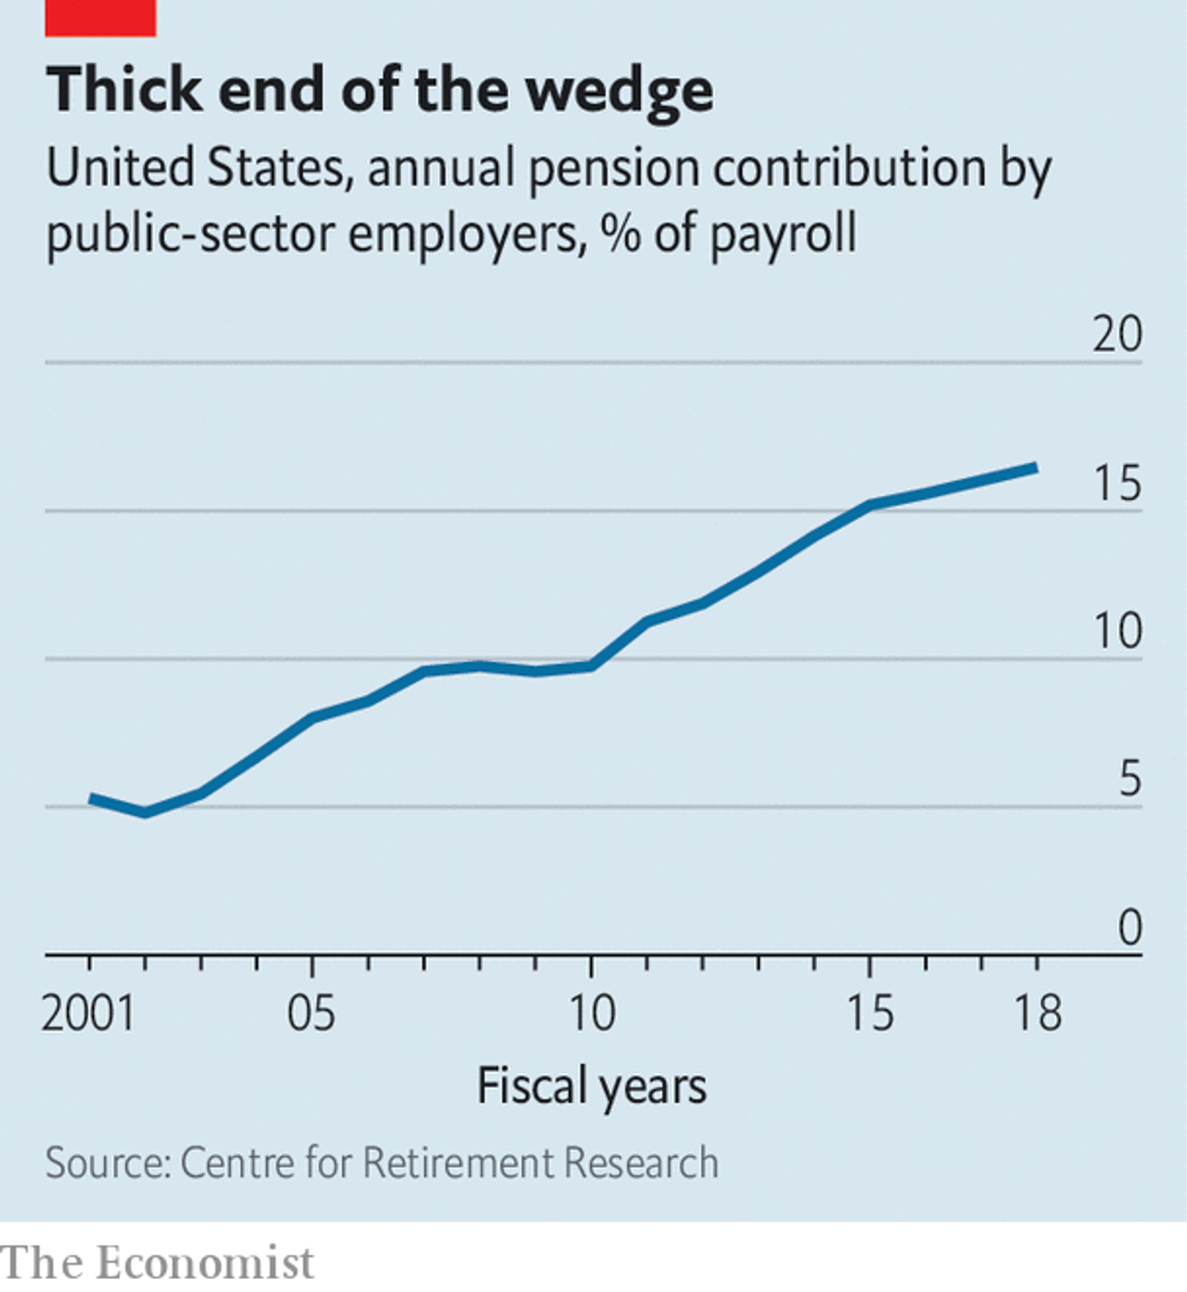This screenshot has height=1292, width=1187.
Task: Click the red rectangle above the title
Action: pyautogui.click(x=100, y=18)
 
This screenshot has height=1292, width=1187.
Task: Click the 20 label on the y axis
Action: pyautogui.click(x=1117, y=335)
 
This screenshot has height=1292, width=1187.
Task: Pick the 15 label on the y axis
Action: pyautogui.click(x=1117, y=484)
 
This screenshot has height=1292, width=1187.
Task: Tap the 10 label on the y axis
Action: pyautogui.click(x=1117, y=632)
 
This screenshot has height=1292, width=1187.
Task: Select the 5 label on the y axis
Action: pyautogui.click(x=1129, y=779)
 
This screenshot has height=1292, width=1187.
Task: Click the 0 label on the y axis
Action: pyautogui.click(x=1129, y=928)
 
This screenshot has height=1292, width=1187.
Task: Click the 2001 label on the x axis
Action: pyautogui.click(x=88, y=1013)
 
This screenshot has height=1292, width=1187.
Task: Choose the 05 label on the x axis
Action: pyautogui.click(x=311, y=1013)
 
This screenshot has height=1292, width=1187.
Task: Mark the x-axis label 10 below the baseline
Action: pyautogui.click(x=591, y=1013)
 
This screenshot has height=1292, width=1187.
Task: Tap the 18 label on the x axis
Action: pyautogui.click(x=1037, y=1013)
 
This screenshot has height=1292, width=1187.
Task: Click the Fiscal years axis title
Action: pyautogui.click(x=592, y=1086)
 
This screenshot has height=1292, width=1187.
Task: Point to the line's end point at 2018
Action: pyautogui.click(x=1035, y=468)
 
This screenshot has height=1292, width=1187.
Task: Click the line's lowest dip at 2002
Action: pyautogui.click(x=146, y=813)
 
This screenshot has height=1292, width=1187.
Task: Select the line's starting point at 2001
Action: pyautogui.click(x=91, y=798)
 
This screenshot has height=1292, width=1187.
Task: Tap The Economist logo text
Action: pyautogui.click(x=158, y=1263)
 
